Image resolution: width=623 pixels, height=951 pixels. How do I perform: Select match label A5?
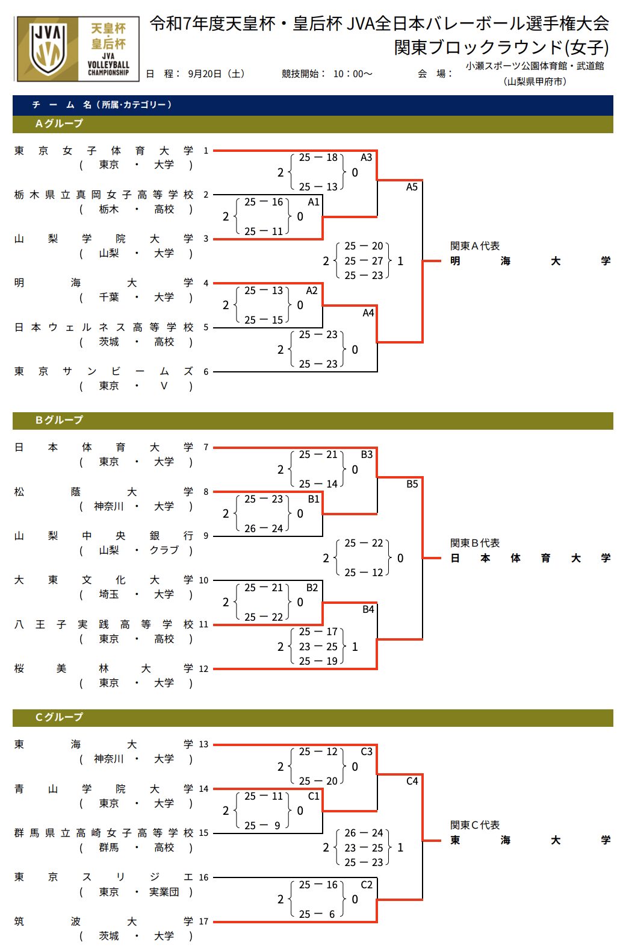coord(412,187)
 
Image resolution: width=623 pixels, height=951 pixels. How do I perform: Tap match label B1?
coord(314,499)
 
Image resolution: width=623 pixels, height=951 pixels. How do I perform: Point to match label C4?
coord(412,781)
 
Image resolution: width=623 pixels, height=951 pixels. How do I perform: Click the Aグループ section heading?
coord(59,124)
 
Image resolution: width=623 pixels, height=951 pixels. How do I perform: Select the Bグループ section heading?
coord(59,420)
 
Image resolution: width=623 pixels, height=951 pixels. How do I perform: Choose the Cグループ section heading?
coord(59,717)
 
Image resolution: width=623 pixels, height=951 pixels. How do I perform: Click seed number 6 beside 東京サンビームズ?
coord(206,372)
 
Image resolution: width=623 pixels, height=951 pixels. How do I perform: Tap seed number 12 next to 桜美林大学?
coord(203,669)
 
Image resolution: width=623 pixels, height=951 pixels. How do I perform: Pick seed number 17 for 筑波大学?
coord(203,921)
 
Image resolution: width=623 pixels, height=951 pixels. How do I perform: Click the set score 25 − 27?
coord(364,261)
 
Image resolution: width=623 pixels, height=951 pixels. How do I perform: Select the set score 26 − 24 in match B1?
coord(264,529)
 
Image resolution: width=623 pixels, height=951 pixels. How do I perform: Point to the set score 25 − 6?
coord(318,914)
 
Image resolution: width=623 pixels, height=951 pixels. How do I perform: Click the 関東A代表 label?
coord(475,246)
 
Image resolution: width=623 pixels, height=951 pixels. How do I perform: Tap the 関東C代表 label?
coord(475,825)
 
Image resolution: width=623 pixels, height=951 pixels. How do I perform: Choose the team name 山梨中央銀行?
coord(104,536)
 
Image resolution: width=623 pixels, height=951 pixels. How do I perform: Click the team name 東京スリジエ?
coord(104,877)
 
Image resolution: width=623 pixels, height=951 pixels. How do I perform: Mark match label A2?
coord(311,290)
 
